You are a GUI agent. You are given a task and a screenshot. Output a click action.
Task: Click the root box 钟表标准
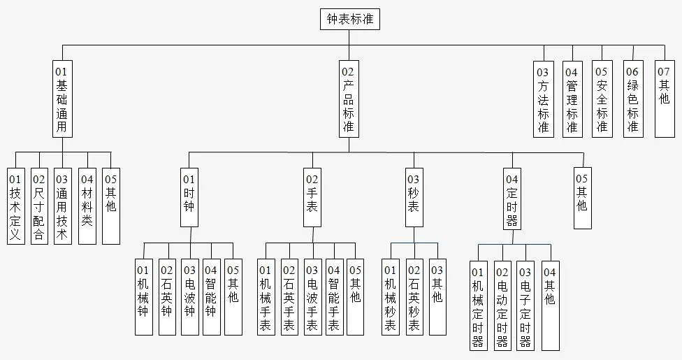[351, 20]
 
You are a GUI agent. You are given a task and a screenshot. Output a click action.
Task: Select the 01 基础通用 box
[62, 98]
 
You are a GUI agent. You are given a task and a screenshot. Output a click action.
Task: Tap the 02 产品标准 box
[348, 98]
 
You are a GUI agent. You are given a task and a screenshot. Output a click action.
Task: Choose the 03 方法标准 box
[543, 98]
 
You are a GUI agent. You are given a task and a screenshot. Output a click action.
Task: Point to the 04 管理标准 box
[572, 98]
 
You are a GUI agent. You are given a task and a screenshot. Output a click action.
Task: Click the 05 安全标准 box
[602, 98]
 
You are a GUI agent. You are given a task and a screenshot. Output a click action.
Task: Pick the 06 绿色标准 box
[633, 98]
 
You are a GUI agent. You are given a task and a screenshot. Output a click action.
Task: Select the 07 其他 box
[665, 98]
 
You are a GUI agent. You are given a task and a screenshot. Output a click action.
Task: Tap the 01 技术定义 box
[15, 206]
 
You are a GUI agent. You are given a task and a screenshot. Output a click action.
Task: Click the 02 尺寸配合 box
[39, 206]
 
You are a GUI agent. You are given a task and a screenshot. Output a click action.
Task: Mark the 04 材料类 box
[87, 206]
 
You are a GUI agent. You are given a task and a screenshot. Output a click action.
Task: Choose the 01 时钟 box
[189, 197]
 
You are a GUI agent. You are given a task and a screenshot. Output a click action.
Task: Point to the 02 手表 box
[312, 197]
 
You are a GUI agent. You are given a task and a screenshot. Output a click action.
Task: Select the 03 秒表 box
[414, 197]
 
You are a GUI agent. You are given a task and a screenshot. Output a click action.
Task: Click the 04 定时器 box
[512, 199]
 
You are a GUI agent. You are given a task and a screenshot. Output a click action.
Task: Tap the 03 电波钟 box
[189, 297]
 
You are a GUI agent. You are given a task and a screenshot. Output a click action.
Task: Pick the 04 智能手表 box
[334, 297]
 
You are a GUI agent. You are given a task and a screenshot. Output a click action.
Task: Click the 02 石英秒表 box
[414, 297]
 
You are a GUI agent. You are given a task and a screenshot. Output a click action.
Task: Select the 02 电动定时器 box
[502, 305]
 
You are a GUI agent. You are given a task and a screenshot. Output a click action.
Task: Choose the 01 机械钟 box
[143, 297]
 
